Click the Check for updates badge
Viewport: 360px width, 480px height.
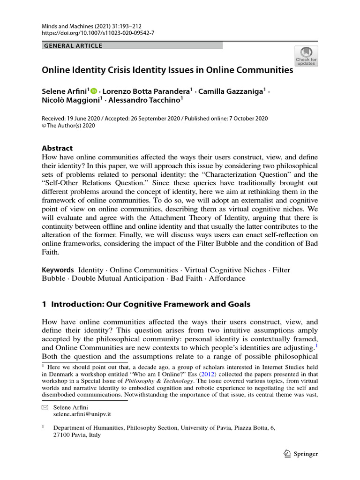point(306,56)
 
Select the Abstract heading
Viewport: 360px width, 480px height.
point(57,148)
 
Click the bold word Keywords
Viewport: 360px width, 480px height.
point(58,270)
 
